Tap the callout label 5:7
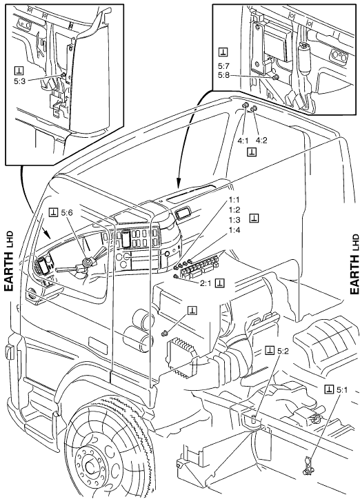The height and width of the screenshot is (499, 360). point(223,67)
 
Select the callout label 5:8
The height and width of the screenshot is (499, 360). point(223,76)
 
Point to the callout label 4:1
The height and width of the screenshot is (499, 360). point(243,141)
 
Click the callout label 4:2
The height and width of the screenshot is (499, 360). point(261,141)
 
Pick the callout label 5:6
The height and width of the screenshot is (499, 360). point(67,212)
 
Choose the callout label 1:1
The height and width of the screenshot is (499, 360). point(234,200)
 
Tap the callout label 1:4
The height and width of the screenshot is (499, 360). point(234,230)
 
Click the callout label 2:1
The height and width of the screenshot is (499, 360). point(206,283)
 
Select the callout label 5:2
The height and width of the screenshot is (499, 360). point(283,351)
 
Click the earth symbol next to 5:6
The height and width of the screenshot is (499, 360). point(54,212)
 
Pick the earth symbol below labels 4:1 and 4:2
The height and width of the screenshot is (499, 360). point(252,152)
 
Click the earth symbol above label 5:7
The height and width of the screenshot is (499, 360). point(223,52)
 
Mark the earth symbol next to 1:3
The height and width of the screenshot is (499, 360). point(254,218)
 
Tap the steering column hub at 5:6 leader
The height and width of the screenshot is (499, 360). point(86,263)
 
